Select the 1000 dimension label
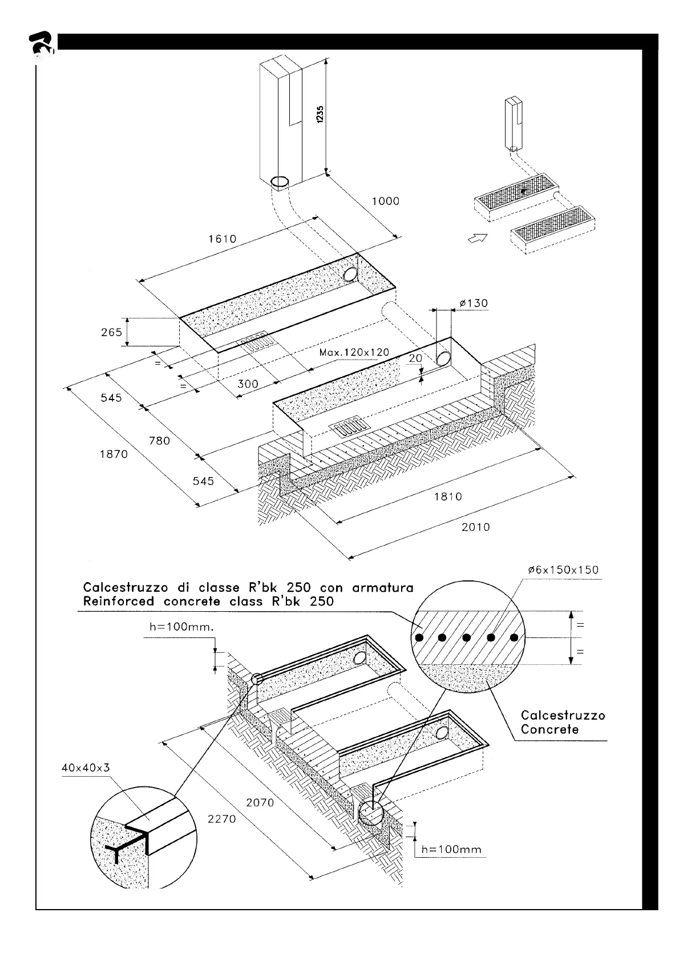click(x=386, y=201)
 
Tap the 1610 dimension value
click(x=222, y=239)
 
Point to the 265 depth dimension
click(x=112, y=332)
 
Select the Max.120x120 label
click(x=354, y=352)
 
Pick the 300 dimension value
click(x=248, y=384)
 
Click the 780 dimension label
click(x=159, y=440)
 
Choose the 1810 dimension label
click(x=448, y=496)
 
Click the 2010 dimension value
click(x=475, y=527)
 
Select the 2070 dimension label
click(x=260, y=802)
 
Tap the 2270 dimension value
click(x=221, y=819)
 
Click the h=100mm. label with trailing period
click(x=181, y=627)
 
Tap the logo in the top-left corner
click(x=41, y=45)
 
